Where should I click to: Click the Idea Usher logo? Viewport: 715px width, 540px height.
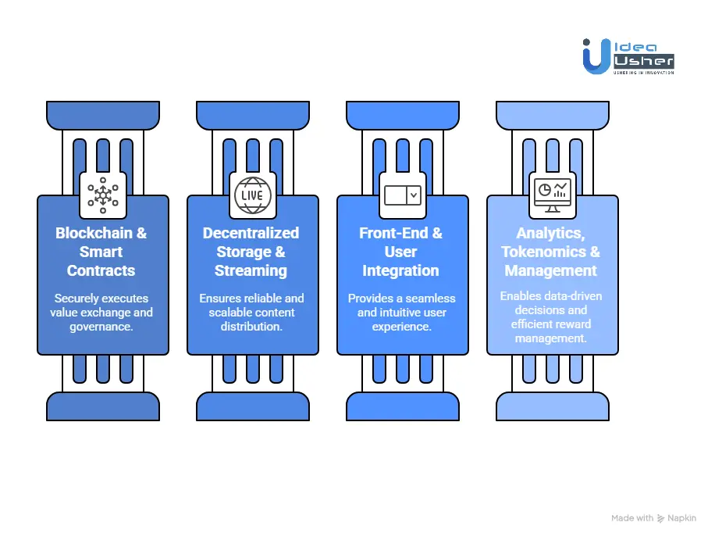[x=628, y=57]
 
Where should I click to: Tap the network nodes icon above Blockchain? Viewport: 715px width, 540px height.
[x=102, y=195]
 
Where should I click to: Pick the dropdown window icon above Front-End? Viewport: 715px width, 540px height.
[x=403, y=195]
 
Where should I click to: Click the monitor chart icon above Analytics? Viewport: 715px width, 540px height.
[x=552, y=195]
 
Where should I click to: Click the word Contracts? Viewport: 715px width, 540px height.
[x=101, y=271]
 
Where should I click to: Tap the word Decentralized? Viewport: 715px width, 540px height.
[x=251, y=233]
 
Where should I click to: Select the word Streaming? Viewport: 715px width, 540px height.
[x=251, y=271]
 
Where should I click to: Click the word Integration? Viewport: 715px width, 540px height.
[x=401, y=271]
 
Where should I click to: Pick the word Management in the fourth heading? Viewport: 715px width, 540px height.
[x=551, y=271]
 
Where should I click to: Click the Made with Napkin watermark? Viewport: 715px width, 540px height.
[x=654, y=518]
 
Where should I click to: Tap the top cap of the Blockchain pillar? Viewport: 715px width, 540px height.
[x=103, y=116]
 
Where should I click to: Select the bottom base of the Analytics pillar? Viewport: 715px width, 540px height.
[x=553, y=406]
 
